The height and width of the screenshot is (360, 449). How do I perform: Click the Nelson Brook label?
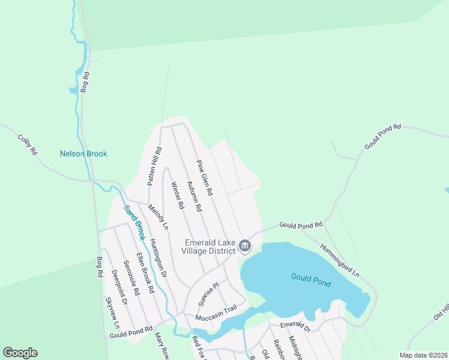click(x=83, y=154)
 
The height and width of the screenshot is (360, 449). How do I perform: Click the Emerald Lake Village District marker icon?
click(x=244, y=245)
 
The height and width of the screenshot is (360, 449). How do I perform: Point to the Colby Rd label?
click(x=28, y=145)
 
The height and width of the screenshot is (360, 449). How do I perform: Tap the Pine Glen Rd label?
click(x=204, y=178)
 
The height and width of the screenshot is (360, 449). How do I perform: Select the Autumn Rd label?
click(x=194, y=196)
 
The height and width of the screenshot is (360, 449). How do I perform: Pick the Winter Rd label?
click(x=177, y=195)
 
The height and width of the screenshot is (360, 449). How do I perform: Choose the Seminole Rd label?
click(x=131, y=278)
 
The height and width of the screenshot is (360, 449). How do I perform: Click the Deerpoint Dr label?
click(x=119, y=287)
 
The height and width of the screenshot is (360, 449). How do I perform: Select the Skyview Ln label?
click(x=112, y=311)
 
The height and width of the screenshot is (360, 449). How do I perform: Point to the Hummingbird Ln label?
click(x=339, y=260)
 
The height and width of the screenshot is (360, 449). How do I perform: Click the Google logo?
click(x=20, y=353)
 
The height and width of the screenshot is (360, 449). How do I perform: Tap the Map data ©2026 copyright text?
click(x=423, y=355)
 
